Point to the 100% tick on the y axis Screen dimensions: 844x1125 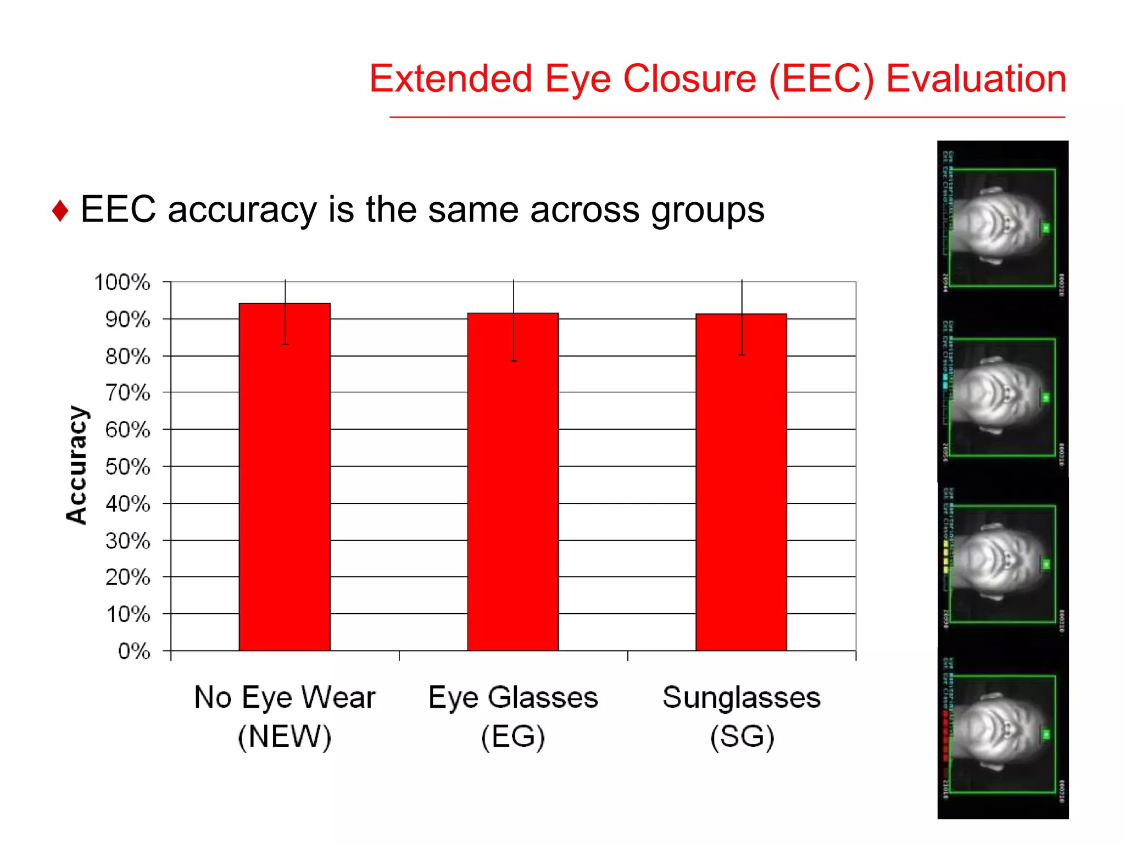(122, 282)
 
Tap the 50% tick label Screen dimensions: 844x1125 (127, 467)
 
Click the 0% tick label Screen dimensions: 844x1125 (134, 651)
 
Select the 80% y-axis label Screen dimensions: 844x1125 (127, 357)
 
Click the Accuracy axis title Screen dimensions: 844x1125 (77, 465)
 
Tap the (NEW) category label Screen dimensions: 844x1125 (285, 736)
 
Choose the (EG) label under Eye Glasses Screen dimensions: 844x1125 (513, 736)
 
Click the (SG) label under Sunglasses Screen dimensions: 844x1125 (742, 736)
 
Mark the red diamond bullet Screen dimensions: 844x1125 (60, 212)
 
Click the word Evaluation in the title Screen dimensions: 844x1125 (976, 79)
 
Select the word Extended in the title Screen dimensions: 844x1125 (450, 79)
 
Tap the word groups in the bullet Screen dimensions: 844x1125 (708, 210)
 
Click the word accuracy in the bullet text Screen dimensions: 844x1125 (242, 210)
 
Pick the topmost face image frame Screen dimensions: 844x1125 (1003, 225)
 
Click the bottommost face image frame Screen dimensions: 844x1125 (1003, 734)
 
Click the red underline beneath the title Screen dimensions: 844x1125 (727, 117)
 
